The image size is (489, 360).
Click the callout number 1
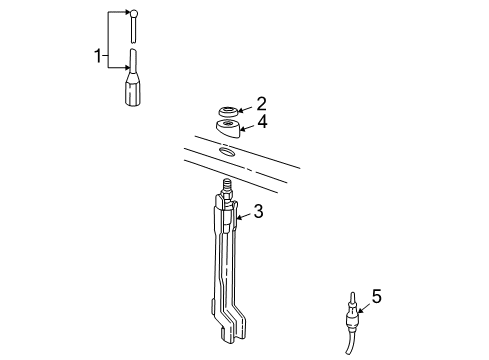98,56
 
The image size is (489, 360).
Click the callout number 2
261,102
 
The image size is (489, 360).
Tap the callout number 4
261,122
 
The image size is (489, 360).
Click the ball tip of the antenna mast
133,14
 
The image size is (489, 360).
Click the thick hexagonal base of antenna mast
133,94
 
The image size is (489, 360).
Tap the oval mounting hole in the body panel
226,152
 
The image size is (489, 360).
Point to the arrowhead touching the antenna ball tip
126,13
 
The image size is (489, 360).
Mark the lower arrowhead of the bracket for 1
125,65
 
